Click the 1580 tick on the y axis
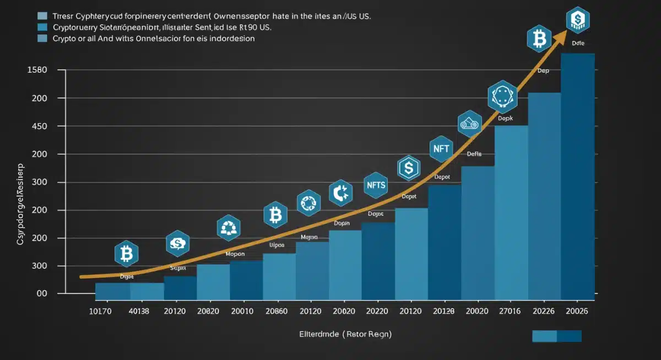(x=37, y=70)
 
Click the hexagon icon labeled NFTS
(x=376, y=186)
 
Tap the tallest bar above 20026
(x=577, y=176)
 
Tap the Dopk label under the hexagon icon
(x=505, y=118)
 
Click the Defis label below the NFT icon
(x=474, y=155)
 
